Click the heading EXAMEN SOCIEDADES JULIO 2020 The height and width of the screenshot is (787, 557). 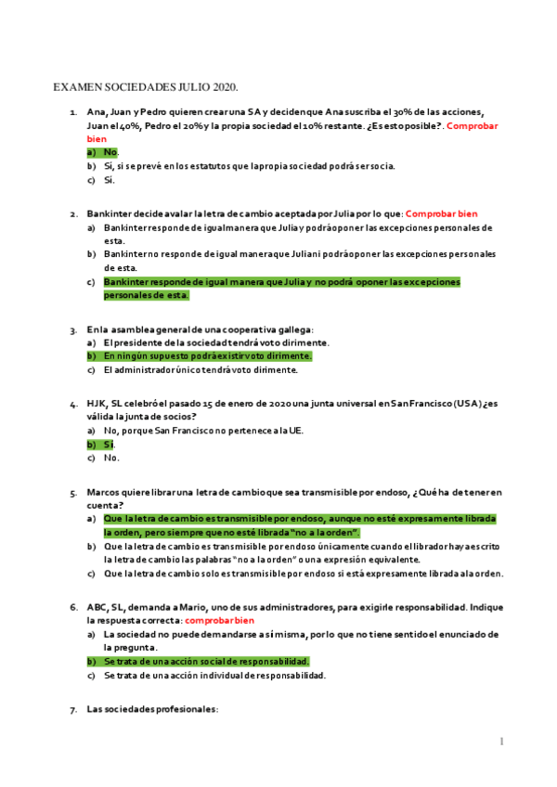pyautogui.click(x=146, y=87)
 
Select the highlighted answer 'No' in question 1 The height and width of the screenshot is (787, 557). pyautogui.click(x=110, y=152)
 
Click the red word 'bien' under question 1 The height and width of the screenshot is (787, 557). pyautogui.click(x=97, y=137)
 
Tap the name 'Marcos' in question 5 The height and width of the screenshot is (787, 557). pyautogui.click(x=105, y=493)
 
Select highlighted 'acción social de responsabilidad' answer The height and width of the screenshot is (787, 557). pyautogui.click(x=206, y=662)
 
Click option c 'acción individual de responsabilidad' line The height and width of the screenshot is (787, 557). pyautogui.click(x=214, y=676)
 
